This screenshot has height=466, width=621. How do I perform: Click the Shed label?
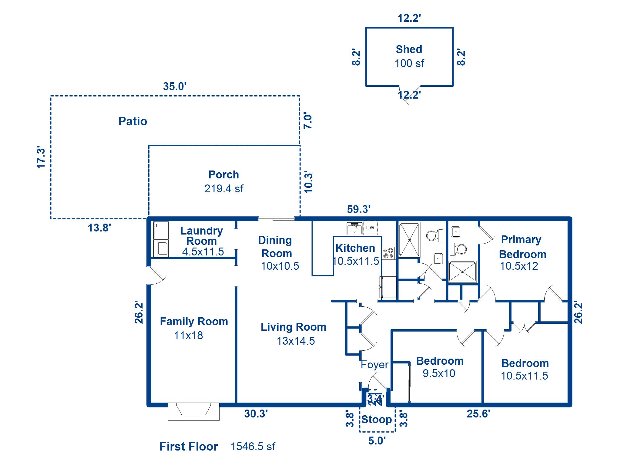pos(409,49)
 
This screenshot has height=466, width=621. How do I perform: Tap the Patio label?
pos(133,121)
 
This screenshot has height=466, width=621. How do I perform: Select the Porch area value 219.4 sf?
pos(224,189)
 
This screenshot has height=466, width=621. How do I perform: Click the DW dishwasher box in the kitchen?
pos(370,228)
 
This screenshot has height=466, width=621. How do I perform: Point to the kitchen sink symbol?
pos(354,228)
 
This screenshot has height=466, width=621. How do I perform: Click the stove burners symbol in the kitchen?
pos(388,253)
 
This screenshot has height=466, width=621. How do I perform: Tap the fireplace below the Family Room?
pos(193,411)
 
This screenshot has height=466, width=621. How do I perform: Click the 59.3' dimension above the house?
pos(359,209)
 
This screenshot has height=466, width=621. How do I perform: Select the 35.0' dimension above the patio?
pos(175,86)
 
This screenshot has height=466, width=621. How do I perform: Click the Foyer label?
pos(374,365)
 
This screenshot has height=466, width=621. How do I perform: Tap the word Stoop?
pos(377,420)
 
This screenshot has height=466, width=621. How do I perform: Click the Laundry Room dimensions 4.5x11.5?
pos(203,252)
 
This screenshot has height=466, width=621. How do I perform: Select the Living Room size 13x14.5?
pos(296,341)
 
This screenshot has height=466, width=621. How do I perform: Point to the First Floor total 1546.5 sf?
pos(253,447)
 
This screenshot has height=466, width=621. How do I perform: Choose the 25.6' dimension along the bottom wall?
pos(478,414)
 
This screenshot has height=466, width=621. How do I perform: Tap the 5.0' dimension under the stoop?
pos(377,441)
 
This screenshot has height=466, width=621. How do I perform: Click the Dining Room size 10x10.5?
pos(280,266)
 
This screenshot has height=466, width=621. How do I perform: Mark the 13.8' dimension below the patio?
pos(99,228)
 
